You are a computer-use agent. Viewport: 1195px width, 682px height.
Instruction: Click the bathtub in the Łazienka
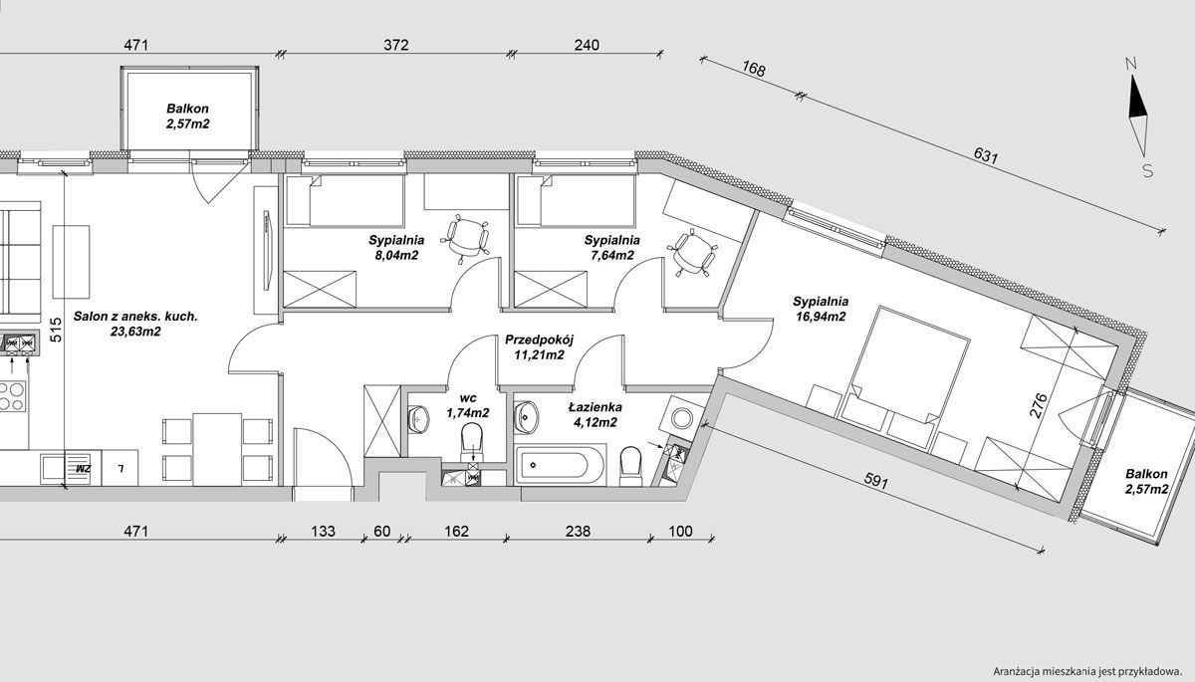pyautogui.click(x=560, y=464)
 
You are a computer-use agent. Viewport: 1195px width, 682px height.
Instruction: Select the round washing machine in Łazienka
pyautogui.click(x=682, y=418)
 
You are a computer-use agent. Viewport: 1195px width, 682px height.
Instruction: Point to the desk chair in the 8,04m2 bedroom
pyautogui.click(x=467, y=239)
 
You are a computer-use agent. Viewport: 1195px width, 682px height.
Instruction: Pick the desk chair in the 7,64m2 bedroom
pyautogui.click(x=692, y=253)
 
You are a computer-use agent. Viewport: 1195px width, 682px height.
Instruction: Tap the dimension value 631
pyautogui.click(x=985, y=155)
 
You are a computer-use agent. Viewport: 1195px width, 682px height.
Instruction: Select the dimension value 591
pyautogui.click(x=876, y=481)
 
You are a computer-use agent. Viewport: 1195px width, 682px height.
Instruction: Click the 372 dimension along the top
pyautogui.click(x=396, y=46)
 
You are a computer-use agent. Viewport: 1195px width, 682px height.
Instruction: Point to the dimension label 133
pyautogui.click(x=324, y=531)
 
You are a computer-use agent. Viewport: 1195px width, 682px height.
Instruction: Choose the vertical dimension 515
pyautogui.click(x=57, y=330)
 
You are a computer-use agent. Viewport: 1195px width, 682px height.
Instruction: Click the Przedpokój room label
pyautogui.click(x=540, y=340)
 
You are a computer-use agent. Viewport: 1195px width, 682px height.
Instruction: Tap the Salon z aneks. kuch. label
pyautogui.click(x=135, y=317)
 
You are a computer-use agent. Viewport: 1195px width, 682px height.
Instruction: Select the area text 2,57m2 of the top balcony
pyautogui.click(x=188, y=124)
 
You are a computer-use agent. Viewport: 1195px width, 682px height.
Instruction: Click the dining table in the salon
pyautogui.click(x=217, y=449)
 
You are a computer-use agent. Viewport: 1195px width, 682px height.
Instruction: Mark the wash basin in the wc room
pyautogui.click(x=418, y=418)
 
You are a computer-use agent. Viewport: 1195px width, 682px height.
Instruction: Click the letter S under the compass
pyautogui.click(x=1147, y=170)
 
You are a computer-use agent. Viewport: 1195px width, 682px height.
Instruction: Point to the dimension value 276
pyautogui.click(x=1041, y=405)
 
